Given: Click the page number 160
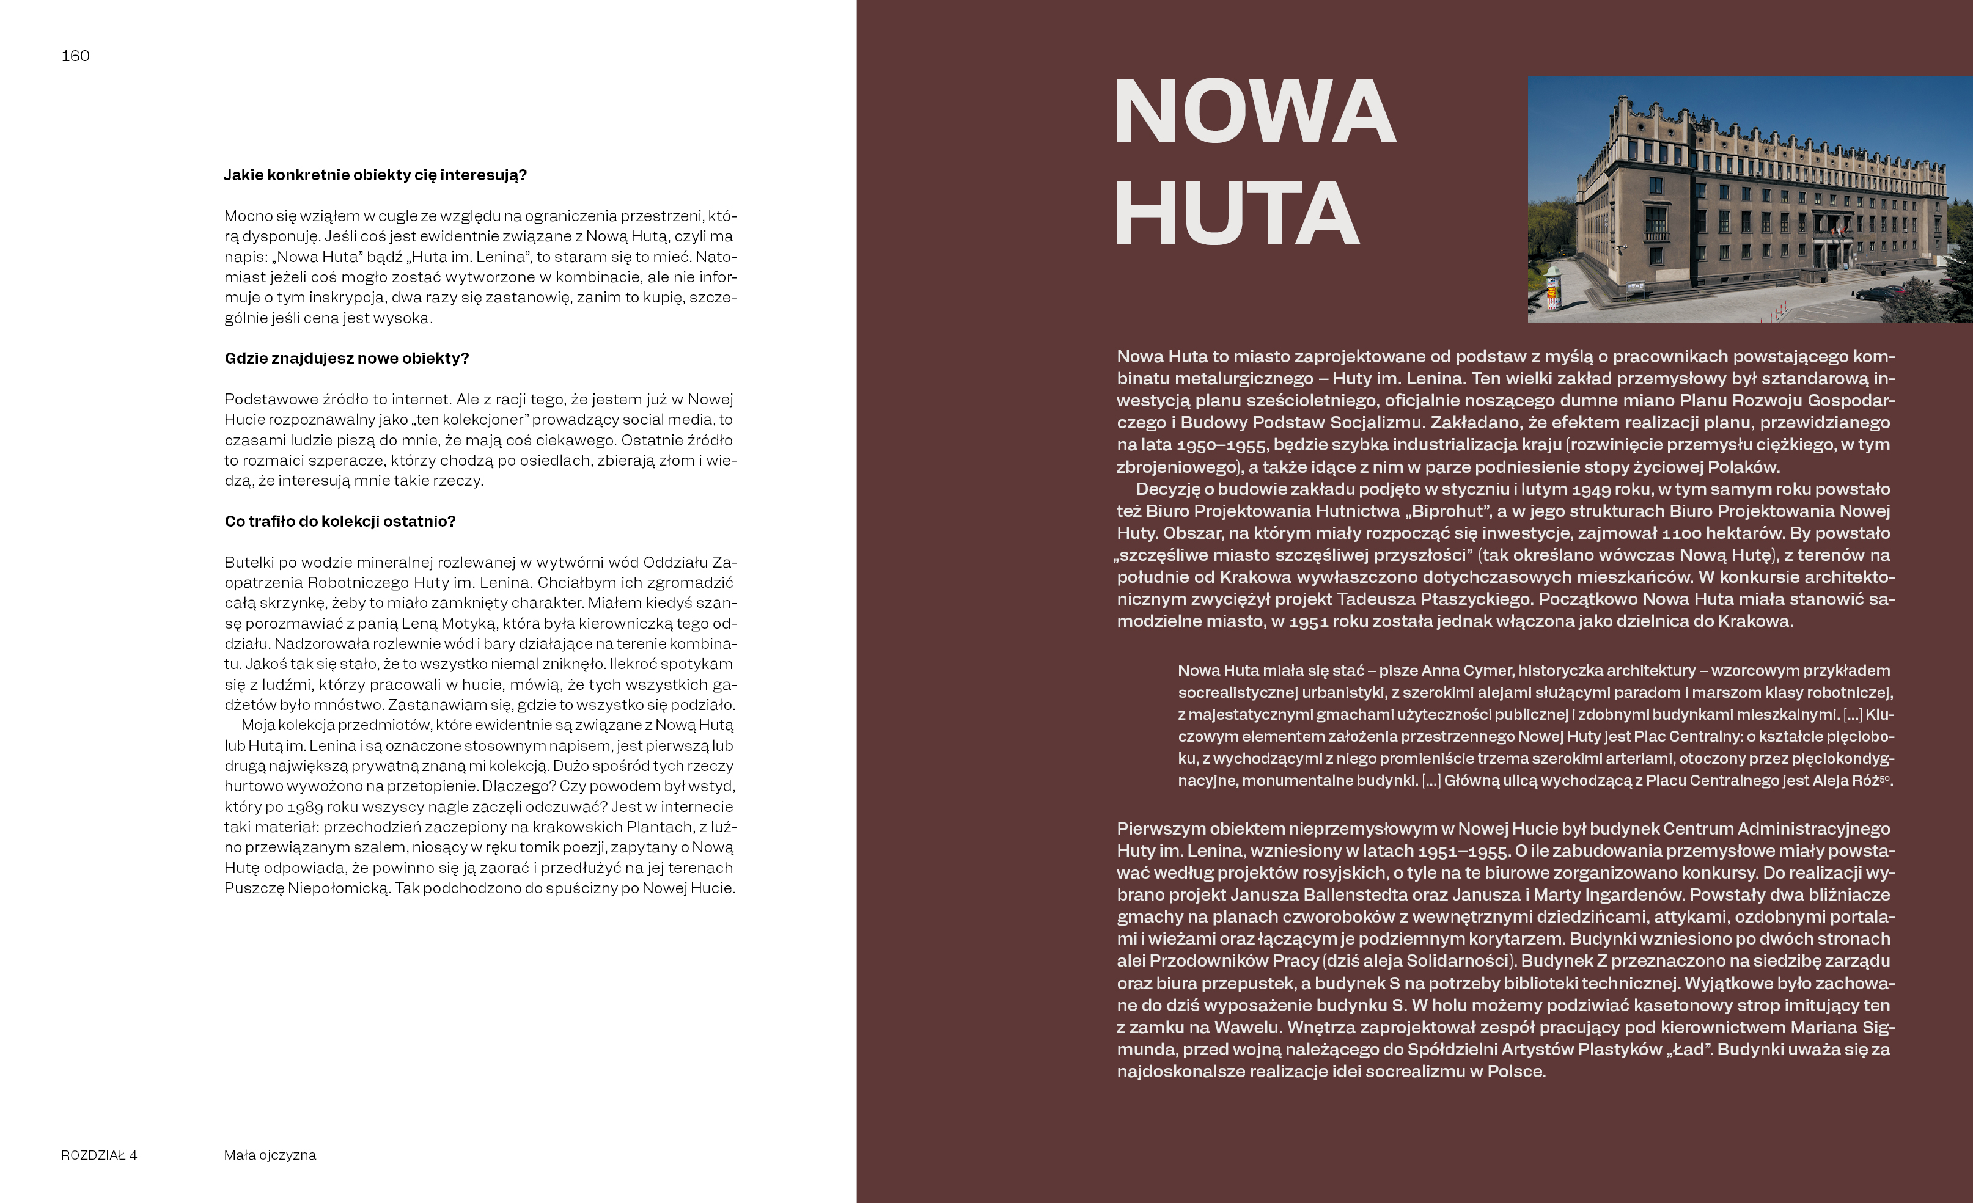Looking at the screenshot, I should [75, 56].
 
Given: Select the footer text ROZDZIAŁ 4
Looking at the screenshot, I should [98, 1155].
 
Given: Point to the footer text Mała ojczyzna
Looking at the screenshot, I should [270, 1155].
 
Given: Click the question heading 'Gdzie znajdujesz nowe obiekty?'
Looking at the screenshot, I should [347, 358].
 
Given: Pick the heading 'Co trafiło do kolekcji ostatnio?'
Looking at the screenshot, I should [339, 521].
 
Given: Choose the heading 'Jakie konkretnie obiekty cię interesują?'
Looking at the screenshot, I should [375, 175].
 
